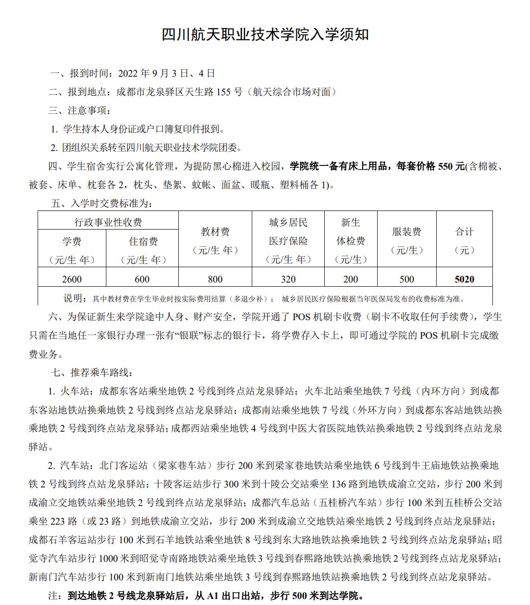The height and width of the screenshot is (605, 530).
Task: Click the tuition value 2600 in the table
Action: (72, 279)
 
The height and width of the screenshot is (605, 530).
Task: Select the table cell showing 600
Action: (142, 279)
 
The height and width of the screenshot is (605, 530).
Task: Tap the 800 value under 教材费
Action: (215, 279)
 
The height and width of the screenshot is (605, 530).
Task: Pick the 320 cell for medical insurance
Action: (288, 279)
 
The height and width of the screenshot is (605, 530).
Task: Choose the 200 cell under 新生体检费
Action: (351, 279)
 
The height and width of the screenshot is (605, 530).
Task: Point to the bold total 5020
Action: (465, 279)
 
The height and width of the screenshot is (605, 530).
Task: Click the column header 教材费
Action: (215, 232)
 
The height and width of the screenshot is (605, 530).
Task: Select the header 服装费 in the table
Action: (406, 232)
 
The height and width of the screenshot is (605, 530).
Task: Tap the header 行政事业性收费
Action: (108, 223)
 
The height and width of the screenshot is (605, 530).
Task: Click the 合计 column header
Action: (465, 232)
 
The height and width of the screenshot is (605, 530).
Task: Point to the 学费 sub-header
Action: (72, 242)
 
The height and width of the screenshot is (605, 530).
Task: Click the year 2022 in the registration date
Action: (129, 73)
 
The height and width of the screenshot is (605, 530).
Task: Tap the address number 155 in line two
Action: (223, 92)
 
